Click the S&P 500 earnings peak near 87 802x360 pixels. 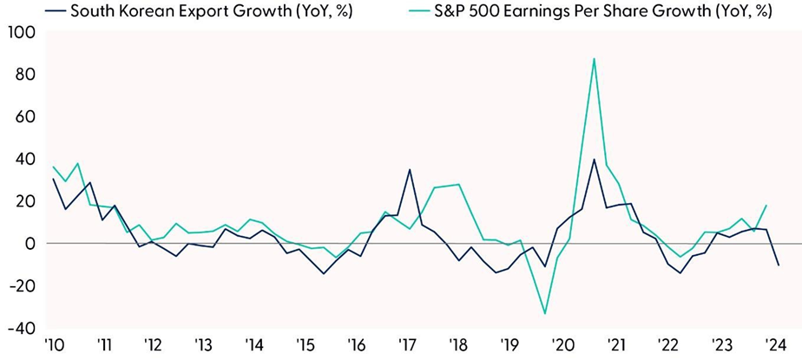coord(594,59)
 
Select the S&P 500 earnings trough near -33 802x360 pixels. coord(545,313)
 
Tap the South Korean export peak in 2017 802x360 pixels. coord(409,170)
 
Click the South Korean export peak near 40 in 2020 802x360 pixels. coord(594,160)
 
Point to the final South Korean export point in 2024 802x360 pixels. coord(779,265)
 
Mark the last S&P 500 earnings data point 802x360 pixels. coord(766,206)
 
